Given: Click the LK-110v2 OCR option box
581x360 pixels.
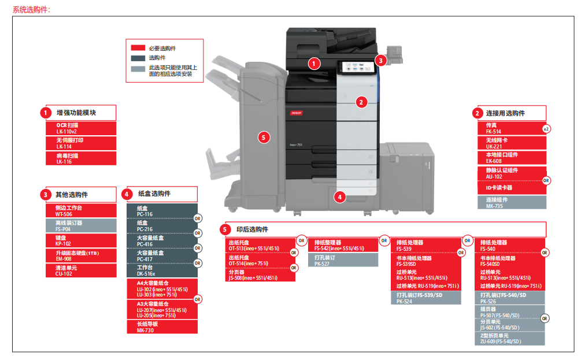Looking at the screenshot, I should (x=82, y=128).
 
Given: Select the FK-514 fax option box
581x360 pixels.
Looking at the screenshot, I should (x=509, y=128).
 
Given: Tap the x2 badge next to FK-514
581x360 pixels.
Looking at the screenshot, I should (x=546, y=129).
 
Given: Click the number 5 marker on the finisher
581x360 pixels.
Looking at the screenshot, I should (x=264, y=137).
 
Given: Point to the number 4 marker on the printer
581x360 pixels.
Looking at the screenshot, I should (x=340, y=197).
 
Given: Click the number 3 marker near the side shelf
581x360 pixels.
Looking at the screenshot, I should (x=380, y=60).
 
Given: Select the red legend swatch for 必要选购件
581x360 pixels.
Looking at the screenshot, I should (x=138, y=48).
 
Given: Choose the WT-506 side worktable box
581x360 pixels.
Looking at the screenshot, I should (x=82, y=210).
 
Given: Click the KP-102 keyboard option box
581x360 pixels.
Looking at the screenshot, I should (x=82, y=240).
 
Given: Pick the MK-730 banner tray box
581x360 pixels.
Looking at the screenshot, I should (x=162, y=327).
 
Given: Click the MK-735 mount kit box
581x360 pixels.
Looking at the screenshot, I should (x=512, y=203).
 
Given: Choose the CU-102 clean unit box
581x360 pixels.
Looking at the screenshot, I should (x=82, y=270).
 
